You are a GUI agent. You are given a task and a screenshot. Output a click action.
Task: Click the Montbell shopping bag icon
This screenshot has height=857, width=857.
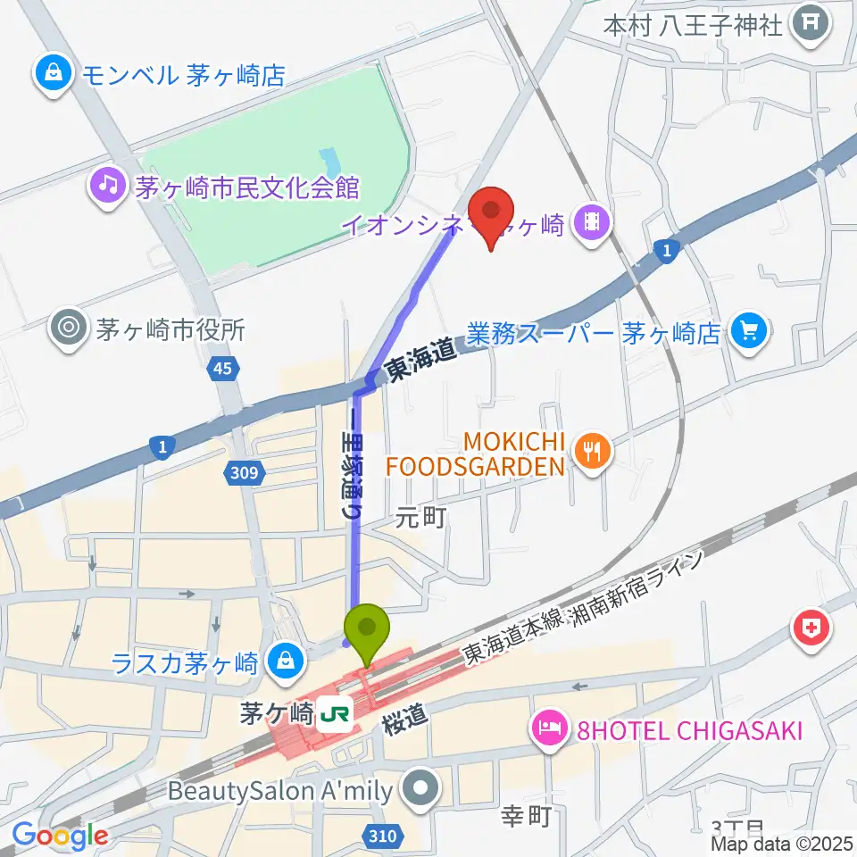[54, 74]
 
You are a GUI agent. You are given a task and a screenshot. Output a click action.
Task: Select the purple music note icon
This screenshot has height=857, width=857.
[108, 187]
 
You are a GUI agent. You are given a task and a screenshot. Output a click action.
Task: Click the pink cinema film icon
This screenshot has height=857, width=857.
[591, 219]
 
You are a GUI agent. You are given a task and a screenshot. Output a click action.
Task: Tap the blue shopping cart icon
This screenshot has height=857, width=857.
[746, 333]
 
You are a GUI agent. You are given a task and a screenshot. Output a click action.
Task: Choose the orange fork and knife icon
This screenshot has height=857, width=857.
[591, 452]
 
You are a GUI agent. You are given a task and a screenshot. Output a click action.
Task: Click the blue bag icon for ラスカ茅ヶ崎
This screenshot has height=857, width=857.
[283, 662]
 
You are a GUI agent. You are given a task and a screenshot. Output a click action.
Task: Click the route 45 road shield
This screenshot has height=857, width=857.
[225, 369]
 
